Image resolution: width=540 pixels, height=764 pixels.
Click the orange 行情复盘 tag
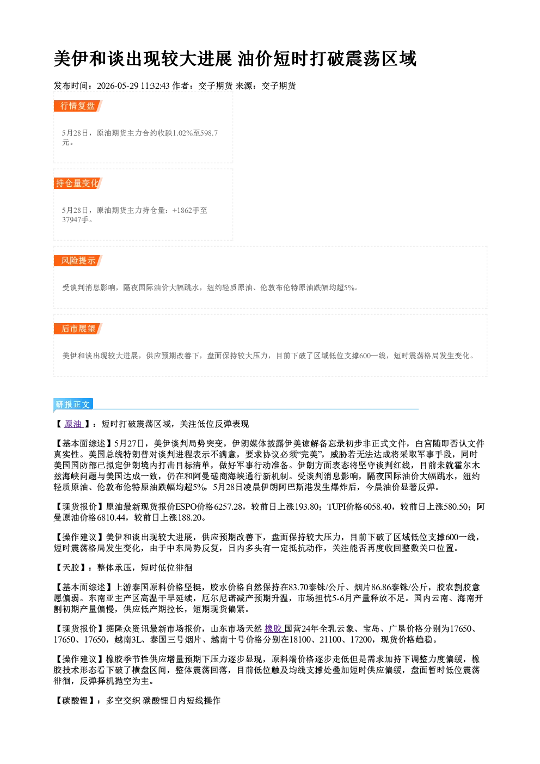tap(78, 106)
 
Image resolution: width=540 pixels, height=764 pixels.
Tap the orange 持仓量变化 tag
tap(78, 183)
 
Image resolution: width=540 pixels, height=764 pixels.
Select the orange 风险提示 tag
tap(78, 261)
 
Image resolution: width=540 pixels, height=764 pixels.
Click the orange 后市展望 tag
tap(78, 328)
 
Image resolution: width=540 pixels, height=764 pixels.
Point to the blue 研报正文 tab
tap(73, 405)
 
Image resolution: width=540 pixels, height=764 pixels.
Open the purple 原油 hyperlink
tap(73, 424)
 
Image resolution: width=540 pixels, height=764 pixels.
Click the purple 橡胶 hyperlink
tap(273, 628)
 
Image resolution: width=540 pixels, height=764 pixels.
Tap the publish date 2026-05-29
tap(118, 85)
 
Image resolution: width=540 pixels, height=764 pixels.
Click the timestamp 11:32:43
tap(155, 85)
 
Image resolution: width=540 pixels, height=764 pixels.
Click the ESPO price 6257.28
tap(228, 507)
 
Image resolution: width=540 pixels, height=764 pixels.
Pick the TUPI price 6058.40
tap(377, 507)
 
